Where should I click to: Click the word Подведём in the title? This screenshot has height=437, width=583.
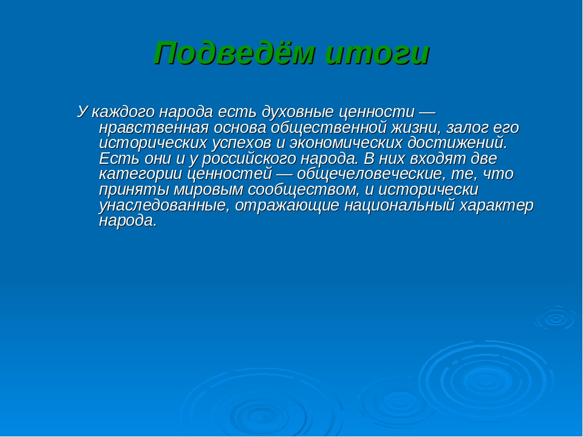pyautogui.click(x=234, y=53)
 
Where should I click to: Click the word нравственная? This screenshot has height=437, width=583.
pyautogui.click(x=154, y=127)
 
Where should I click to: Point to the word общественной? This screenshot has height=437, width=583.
pyautogui.click(x=329, y=127)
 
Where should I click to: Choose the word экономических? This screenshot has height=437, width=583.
pyautogui.click(x=346, y=143)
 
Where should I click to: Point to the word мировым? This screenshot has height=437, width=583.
pyautogui.click(x=208, y=190)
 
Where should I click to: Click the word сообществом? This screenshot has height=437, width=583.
pyautogui.click(x=304, y=190)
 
